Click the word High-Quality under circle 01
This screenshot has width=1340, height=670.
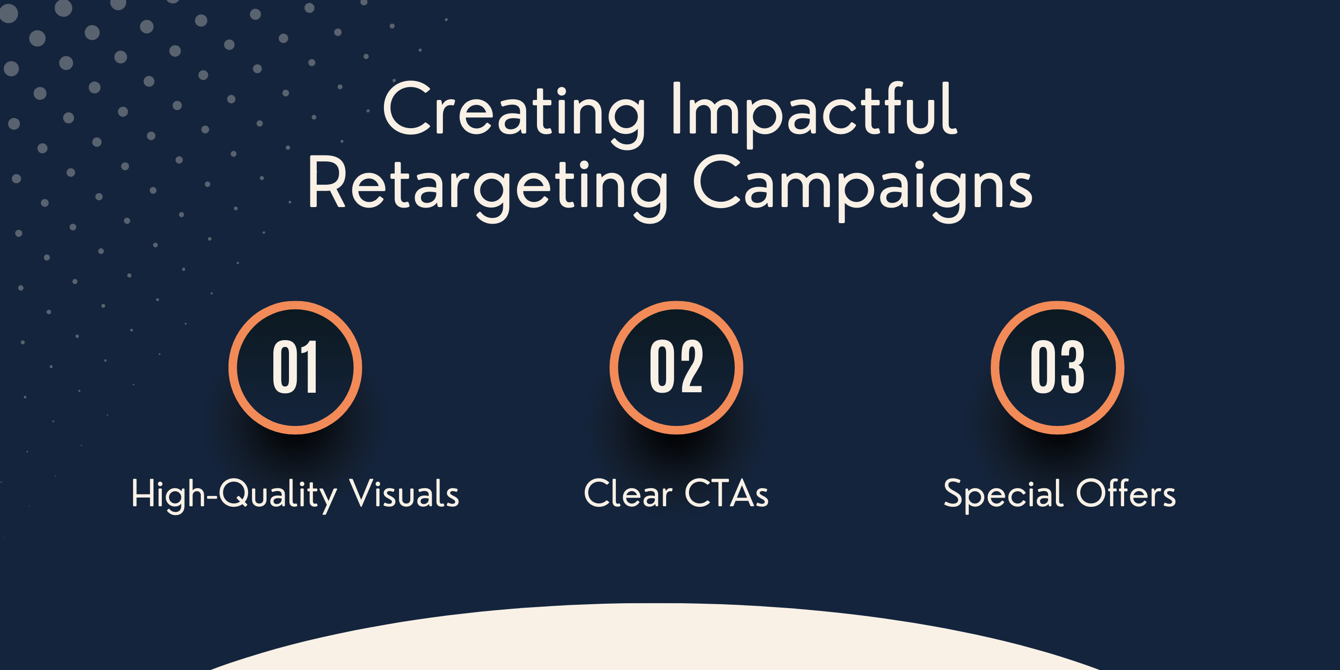coord(234,494)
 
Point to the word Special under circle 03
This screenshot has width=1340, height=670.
coord(1003,494)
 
